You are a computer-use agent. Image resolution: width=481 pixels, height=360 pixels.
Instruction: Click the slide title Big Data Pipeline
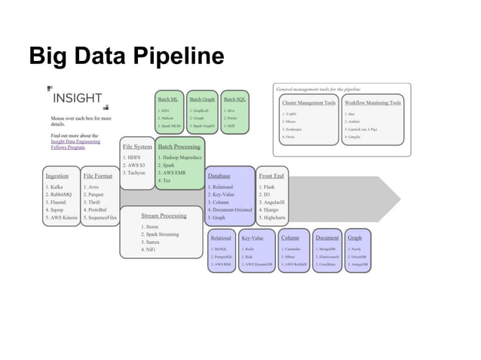click(x=126, y=56)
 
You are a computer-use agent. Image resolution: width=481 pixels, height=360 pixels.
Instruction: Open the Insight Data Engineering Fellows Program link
click(x=74, y=145)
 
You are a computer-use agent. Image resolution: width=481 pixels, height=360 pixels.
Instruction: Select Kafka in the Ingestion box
click(x=53, y=187)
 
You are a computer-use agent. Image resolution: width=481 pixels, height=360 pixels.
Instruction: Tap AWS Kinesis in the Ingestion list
click(x=60, y=217)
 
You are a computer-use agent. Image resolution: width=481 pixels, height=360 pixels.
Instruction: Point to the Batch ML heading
click(x=167, y=99)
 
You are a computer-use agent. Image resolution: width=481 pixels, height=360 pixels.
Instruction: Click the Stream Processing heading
click(x=163, y=215)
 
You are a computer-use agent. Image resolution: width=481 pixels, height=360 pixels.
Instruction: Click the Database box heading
click(x=219, y=175)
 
